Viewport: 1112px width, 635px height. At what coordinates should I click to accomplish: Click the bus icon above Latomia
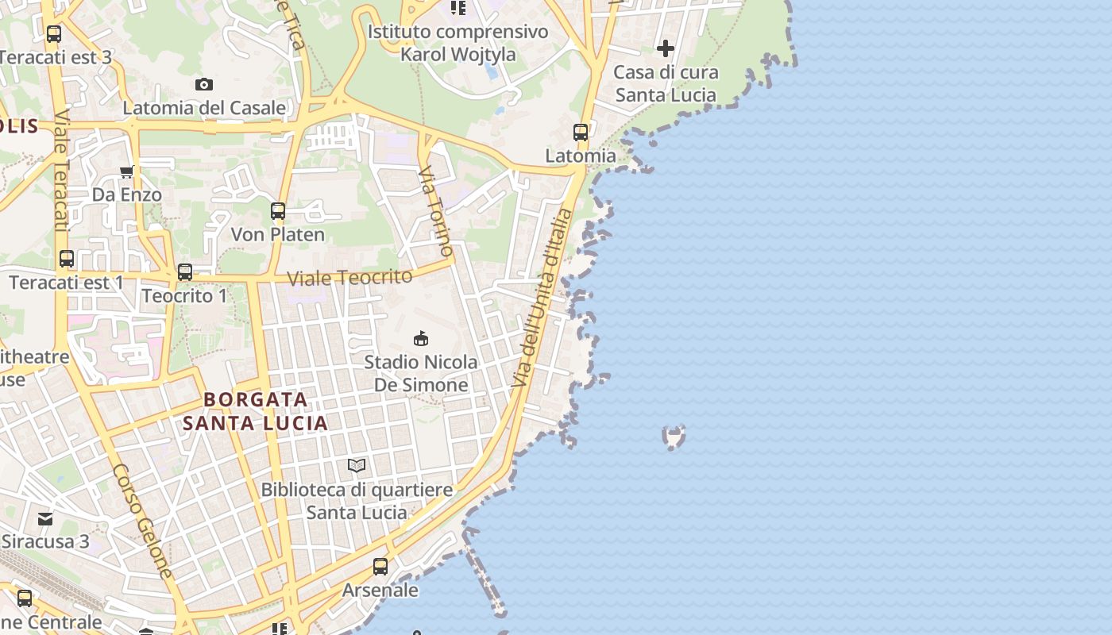click(581, 132)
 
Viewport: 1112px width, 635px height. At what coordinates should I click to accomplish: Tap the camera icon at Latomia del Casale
click(204, 84)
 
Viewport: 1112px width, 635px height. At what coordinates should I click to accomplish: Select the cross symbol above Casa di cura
click(665, 49)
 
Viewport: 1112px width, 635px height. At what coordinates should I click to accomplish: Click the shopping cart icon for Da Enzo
click(126, 171)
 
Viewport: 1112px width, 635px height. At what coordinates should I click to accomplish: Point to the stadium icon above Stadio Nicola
click(421, 338)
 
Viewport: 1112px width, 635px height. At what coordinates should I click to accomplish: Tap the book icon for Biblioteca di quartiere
click(357, 466)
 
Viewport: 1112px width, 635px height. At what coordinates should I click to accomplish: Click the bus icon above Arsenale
click(380, 567)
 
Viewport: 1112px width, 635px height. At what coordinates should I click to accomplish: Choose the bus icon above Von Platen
click(277, 211)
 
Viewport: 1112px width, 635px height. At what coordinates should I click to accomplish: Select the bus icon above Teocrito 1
click(185, 272)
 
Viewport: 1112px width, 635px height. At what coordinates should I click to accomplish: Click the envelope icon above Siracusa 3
click(45, 519)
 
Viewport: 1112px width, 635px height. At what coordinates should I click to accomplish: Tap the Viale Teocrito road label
click(349, 278)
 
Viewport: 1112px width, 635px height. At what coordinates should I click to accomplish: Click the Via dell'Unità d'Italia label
click(543, 298)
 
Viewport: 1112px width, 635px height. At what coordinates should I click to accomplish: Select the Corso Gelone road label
click(143, 520)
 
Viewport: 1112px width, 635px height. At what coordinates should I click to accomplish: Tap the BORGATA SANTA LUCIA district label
click(256, 411)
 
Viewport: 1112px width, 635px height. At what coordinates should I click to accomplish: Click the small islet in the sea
click(674, 437)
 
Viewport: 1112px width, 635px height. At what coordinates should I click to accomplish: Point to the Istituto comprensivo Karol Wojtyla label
click(458, 43)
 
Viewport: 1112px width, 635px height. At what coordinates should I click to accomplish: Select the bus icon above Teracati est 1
click(67, 259)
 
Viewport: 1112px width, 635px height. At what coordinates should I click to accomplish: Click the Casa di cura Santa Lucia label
click(666, 83)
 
